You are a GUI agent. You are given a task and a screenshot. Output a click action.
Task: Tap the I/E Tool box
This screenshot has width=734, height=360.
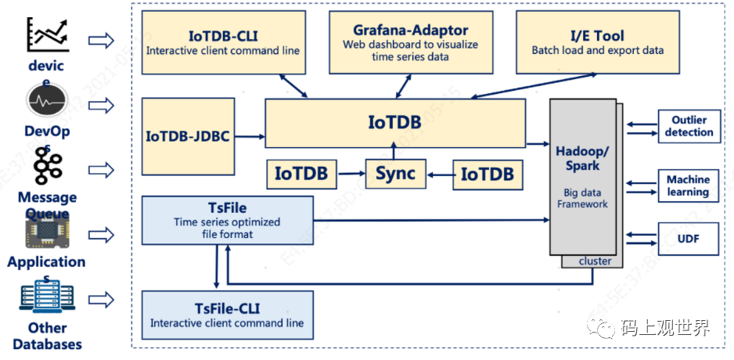pyautogui.click(x=597, y=43)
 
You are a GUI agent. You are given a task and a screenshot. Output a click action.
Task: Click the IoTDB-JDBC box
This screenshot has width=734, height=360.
pyautogui.click(x=188, y=136)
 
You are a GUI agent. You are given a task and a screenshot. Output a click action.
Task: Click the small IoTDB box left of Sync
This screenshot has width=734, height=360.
pyautogui.click(x=301, y=174)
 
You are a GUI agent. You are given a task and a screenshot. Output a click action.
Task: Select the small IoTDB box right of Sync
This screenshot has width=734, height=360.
pyautogui.click(x=487, y=174)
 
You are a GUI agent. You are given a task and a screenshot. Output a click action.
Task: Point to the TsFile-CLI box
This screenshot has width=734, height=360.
pyautogui.click(x=227, y=315)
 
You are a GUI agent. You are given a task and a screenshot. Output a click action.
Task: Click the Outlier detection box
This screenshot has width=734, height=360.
pyautogui.click(x=689, y=127)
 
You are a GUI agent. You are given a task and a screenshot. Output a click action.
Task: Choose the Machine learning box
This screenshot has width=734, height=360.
pyautogui.click(x=689, y=185)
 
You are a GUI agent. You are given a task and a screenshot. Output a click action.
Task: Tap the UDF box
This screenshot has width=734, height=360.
pyautogui.click(x=689, y=239)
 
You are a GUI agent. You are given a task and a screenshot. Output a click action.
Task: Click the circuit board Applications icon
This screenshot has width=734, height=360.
pyautogui.click(x=46, y=232)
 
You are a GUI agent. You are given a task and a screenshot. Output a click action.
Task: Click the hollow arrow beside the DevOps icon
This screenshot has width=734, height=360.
pyautogui.click(x=101, y=104)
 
